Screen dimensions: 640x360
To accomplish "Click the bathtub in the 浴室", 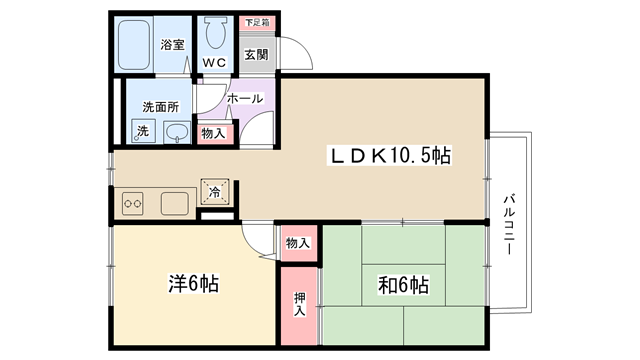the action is point(133,45).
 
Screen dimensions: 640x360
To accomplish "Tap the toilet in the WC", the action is point(216,32).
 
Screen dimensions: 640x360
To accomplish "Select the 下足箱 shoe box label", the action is point(257,23).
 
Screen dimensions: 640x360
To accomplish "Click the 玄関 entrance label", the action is point(256,54).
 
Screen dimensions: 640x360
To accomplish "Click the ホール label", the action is point(245,98).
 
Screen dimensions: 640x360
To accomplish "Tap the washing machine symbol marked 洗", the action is point(143,131).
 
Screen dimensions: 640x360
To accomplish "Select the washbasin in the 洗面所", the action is point(177,132).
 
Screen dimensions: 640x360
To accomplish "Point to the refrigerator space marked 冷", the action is point(215,191).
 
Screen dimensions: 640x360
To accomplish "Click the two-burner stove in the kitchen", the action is point(133,203).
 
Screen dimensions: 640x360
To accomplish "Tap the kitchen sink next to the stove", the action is point(175,204).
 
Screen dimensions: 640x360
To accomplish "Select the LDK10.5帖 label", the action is point(390,156).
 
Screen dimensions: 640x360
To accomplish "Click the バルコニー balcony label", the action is point(509,225).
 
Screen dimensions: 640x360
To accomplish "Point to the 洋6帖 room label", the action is point(194,283).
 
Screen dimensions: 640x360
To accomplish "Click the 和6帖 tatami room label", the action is point(403,284).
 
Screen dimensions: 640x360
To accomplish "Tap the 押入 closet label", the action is point(300,304).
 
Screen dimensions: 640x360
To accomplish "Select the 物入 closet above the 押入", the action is point(298,243).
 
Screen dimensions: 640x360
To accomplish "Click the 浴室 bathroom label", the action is point(172,44).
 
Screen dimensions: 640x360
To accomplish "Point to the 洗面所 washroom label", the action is point(160,107).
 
